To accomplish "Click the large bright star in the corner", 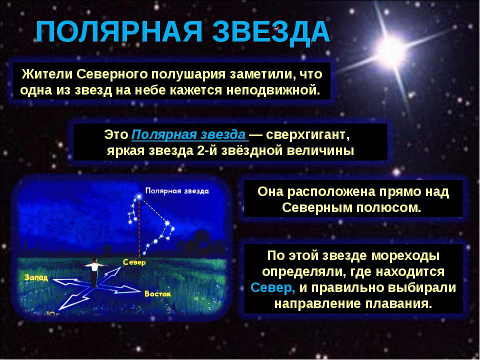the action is point(391,50).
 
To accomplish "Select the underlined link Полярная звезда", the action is point(188,134).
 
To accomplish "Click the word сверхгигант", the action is point(307,135).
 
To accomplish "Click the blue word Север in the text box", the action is point(272,288).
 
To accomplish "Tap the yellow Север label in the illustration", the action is point(134,262).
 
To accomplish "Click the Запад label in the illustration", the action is point(36,277).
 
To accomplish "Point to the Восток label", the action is point(157,294).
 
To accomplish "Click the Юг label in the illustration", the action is point(52,313).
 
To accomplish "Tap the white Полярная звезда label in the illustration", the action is point(177,191).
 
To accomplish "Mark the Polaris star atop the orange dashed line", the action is point(139,196).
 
